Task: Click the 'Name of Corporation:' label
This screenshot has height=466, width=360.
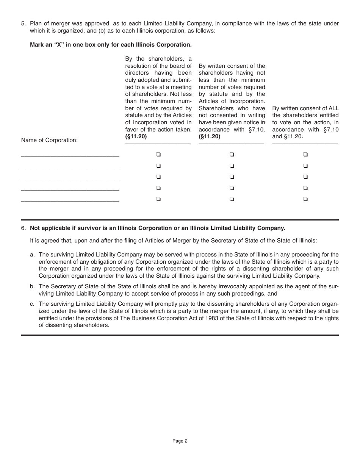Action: tap(49, 140)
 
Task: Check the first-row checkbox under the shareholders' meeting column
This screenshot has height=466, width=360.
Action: tap(158, 154)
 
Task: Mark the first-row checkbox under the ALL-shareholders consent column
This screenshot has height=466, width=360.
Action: tap(305, 154)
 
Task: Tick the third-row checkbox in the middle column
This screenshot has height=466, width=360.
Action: tap(232, 177)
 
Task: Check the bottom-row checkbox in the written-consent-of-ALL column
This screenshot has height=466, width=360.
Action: tap(305, 199)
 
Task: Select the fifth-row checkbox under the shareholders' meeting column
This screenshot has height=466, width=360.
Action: tap(158, 199)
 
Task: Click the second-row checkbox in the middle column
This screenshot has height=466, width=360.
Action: tap(232, 166)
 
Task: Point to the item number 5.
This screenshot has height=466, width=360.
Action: tap(23, 23)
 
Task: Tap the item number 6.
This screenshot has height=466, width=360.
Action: tap(23, 228)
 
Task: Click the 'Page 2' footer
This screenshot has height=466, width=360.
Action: tap(180, 441)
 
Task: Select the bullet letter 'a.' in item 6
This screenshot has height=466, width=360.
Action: tap(33, 255)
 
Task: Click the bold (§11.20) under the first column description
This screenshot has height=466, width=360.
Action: tap(136, 137)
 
